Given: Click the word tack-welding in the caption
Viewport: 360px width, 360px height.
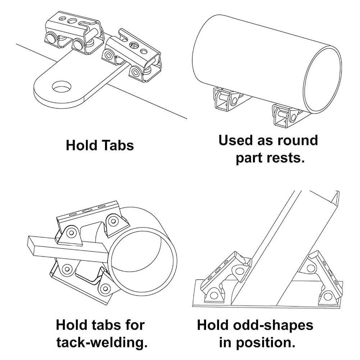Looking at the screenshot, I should pyautogui.click(x=102, y=342).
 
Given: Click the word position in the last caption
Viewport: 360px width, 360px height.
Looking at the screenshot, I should pyautogui.click(x=270, y=342).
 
